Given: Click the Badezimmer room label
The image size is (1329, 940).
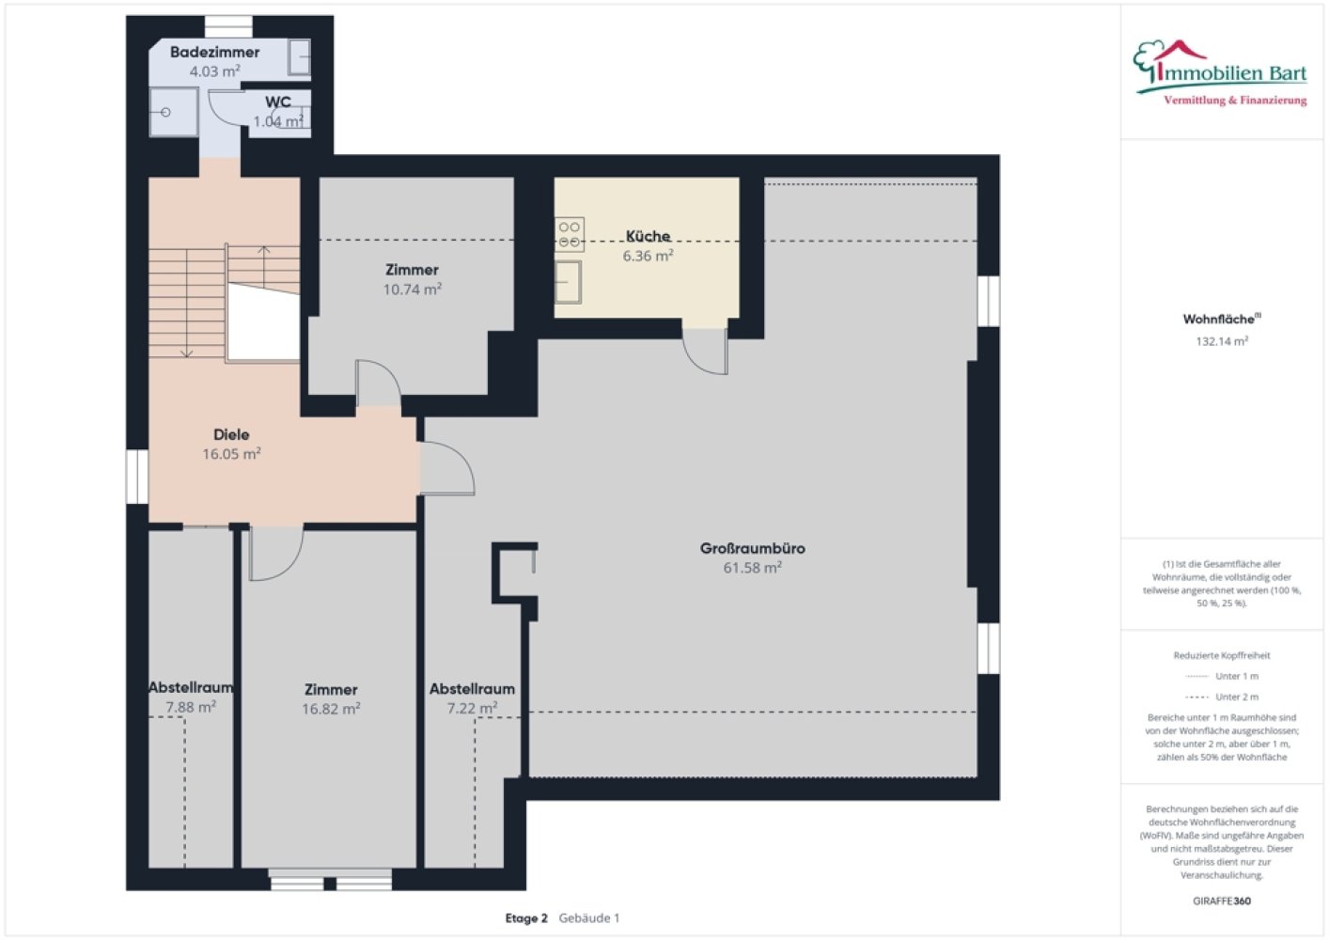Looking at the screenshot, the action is pyautogui.click(x=215, y=53).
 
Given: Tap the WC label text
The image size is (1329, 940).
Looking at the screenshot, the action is pyautogui.click(x=277, y=102).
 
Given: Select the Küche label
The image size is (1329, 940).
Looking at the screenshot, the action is pyautogui.click(x=648, y=236).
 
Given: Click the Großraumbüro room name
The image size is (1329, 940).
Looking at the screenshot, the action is pyautogui.click(x=752, y=548).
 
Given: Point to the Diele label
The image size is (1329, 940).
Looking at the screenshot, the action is pyautogui.click(x=231, y=434).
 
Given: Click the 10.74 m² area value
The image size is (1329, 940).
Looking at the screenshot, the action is pyautogui.click(x=413, y=289).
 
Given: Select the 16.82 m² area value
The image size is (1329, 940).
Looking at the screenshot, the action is pyautogui.click(x=331, y=709).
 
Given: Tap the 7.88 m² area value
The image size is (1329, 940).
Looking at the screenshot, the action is pyautogui.click(x=191, y=707).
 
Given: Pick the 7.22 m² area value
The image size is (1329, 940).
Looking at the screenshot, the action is pyautogui.click(x=472, y=708).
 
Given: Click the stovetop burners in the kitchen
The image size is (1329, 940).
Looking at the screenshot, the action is pyautogui.click(x=570, y=234).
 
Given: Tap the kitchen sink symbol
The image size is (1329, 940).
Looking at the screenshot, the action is pyautogui.click(x=568, y=283).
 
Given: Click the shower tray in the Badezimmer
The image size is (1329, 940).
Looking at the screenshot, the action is pyautogui.click(x=174, y=112).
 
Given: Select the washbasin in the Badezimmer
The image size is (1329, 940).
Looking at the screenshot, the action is pyautogui.click(x=299, y=57).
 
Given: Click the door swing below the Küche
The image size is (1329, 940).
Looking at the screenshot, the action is pyautogui.click(x=706, y=352).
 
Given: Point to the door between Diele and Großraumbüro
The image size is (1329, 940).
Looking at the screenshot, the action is pyautogui.click(x=447, y=469).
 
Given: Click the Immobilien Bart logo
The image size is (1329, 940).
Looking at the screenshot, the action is pyautogui.click(x=1221, y=73).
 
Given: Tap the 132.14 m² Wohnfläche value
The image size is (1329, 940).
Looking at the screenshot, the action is pyautogui.click(x=1222, y=341).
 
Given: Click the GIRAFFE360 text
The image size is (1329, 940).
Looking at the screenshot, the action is pyautogui.click(x=1222, y=901).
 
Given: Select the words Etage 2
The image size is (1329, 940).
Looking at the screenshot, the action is pyautogui.click(x=526, y=918).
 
